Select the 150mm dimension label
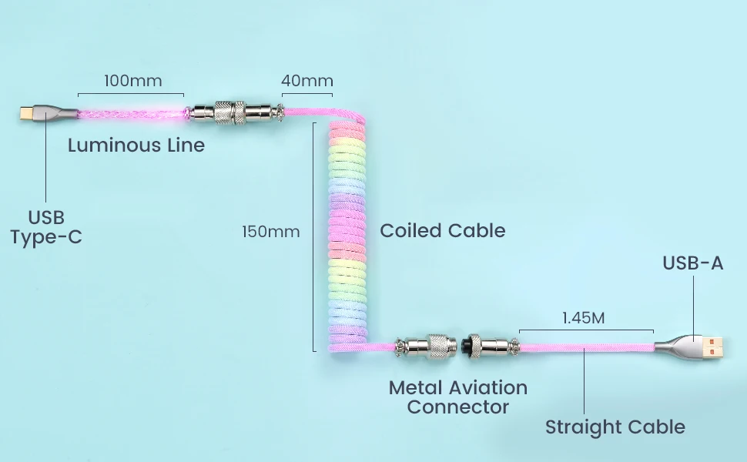[270, 231]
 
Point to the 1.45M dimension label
[583, 317]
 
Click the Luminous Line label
[136, 145]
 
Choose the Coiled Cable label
[443, 230]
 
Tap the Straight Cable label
[615, 427]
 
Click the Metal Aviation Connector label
[457, 397]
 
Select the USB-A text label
[693, 263]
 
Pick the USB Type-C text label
[46, 226]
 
